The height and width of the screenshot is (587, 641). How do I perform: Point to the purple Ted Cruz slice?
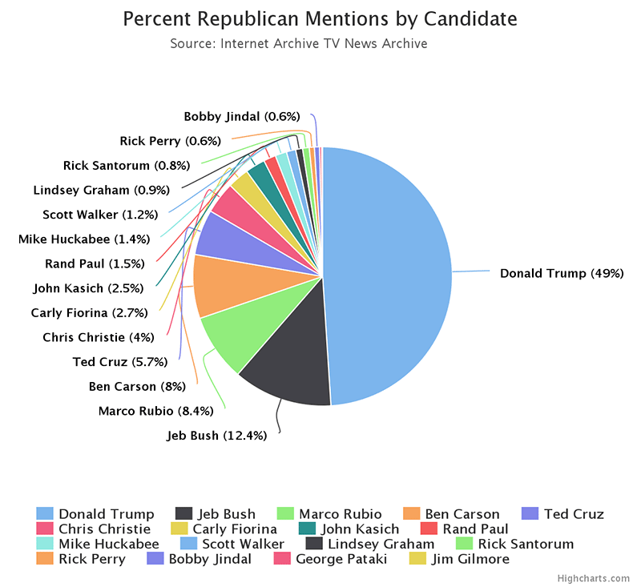[x=224, y=240]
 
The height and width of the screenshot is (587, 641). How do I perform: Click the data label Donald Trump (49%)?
[x=561, y=273]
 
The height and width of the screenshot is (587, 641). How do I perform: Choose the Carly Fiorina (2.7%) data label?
[x=88, y=312]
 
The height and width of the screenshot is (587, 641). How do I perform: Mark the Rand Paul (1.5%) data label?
[x=95, y=263]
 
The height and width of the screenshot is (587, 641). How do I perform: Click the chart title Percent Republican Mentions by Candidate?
[x=320, y=18]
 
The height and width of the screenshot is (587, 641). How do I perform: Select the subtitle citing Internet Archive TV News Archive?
[x=299, y=43]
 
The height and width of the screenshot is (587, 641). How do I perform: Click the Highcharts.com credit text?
[x=593, y=578]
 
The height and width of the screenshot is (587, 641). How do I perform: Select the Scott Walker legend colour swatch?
[x=184, y=544]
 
